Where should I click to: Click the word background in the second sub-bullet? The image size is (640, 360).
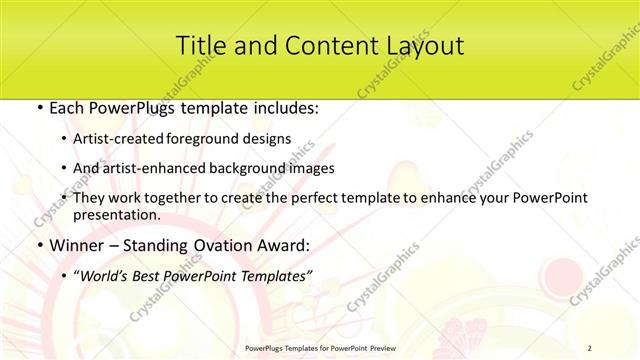point(258,168)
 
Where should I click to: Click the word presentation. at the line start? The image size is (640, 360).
point(117,214)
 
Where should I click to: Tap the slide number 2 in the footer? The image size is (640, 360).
point(590,349)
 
